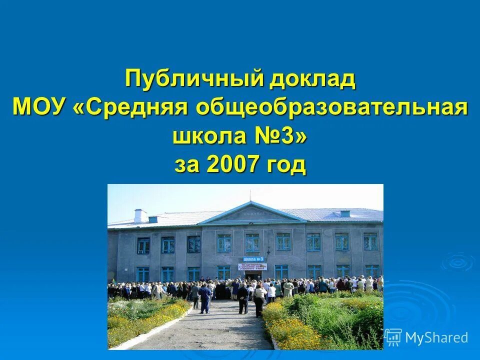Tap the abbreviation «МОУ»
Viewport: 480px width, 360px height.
point(41,107)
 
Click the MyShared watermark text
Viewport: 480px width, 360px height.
point(436,337)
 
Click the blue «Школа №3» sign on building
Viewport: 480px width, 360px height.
point(253,259)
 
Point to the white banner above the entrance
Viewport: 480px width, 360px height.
point(252,266)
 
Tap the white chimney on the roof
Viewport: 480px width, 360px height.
point(140,215)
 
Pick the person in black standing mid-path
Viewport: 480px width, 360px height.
point(242,298)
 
